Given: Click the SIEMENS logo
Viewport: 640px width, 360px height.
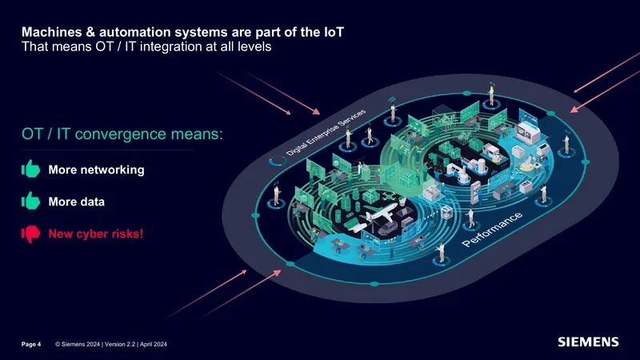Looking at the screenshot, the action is click(588, 342).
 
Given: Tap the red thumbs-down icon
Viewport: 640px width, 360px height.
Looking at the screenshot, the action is click(30, 234).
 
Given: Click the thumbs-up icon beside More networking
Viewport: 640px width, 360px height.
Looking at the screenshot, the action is click(30, 169).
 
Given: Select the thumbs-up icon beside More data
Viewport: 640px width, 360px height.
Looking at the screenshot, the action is click(30, 201).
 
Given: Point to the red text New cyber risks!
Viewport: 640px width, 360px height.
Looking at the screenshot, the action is click(96, 234).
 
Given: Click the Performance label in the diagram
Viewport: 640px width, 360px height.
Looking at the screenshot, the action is click(492, 230).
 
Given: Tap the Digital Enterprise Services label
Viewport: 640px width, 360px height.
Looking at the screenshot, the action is click(326, 133).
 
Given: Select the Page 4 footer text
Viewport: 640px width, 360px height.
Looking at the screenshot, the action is click(31, 345).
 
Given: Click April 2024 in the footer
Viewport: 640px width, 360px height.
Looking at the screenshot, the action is click(154, 345).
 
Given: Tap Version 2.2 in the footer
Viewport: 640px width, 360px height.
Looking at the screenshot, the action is click(120, 345).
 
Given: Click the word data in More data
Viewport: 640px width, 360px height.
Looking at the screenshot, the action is click(93, 202).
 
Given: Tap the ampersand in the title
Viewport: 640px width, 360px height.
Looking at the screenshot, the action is click(90, 32).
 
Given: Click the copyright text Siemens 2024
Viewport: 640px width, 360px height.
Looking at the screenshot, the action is click(78, 345).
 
